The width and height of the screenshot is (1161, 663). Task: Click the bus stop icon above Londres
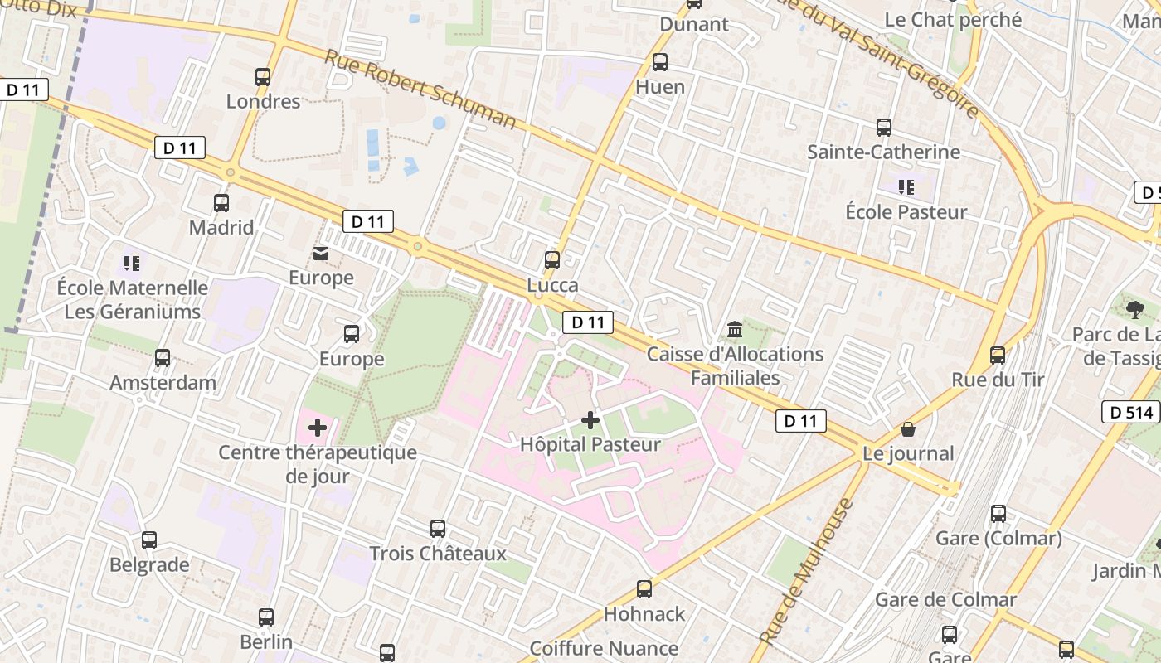(263, 77)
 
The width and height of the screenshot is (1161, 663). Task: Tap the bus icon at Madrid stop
(221, 203)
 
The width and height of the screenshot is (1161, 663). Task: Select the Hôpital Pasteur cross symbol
(590, 420)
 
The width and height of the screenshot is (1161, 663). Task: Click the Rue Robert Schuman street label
(420, 90)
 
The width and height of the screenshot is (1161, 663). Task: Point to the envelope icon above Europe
(320, 254)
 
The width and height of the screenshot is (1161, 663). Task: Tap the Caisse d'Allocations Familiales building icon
(735, 331)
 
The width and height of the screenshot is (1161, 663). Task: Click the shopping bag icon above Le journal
(908, 429)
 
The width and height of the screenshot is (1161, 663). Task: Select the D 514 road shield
(1130, 412)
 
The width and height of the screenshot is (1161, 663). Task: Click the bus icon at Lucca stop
(552, 260)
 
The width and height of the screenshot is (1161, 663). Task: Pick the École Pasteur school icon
(906, 187)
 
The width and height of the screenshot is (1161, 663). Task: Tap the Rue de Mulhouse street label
(805, 572)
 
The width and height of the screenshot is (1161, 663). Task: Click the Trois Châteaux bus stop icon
(437, 529)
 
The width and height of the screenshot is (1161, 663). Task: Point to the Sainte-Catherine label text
(883, 152)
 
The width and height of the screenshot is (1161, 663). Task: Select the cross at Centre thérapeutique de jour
(318, 428)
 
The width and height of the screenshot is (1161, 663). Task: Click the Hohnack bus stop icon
(644, 589)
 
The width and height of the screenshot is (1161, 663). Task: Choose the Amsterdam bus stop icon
(163, 358)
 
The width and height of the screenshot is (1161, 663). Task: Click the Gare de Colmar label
(945, 599)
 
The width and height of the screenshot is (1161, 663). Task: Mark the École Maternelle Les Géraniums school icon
(131, 264)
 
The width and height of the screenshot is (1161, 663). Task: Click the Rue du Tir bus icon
(998, 355)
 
